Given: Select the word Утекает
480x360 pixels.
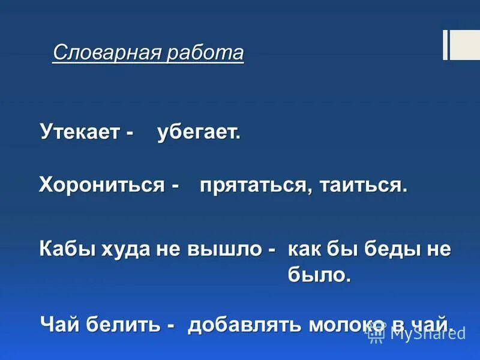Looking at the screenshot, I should coord(80,133).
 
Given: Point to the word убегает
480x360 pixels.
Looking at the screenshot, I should coord(198,133).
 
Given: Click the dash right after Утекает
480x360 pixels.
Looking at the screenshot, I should coord(130,134).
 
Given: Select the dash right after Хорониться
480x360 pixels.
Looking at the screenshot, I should coord(174,185).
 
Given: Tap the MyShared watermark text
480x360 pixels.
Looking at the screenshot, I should coord(427,333).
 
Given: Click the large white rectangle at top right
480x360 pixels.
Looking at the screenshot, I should coord(465,45).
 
